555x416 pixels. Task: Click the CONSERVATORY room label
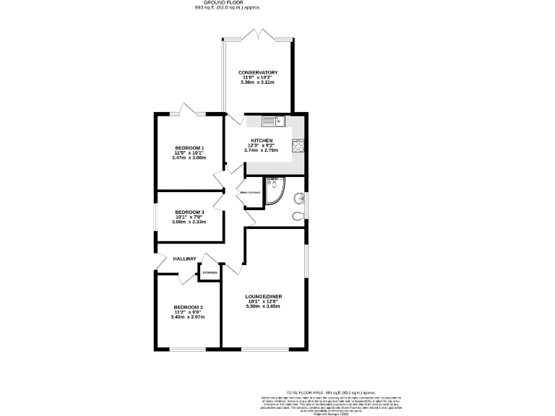(259, 72)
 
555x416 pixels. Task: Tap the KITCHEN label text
(261, 140)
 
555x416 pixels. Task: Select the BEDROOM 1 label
(189, 148)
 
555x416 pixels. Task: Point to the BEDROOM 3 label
(189, 212)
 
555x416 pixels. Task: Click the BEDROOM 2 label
(187, 307)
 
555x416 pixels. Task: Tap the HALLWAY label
(184, 258)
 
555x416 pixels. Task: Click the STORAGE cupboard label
(210, 272)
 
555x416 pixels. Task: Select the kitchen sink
(270, 121)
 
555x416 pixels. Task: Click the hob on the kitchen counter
(298, 146)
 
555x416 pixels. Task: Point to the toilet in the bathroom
(298, 214)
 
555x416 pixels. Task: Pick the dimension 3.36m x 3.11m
(259, 82)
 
